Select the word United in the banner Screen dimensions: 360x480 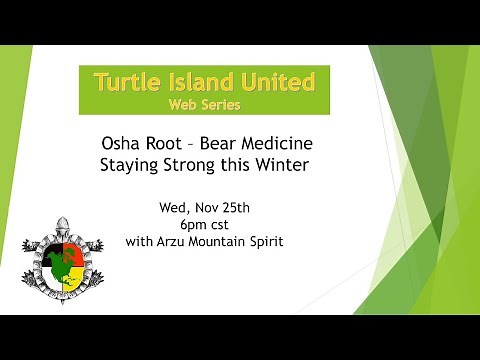(276, 80)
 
